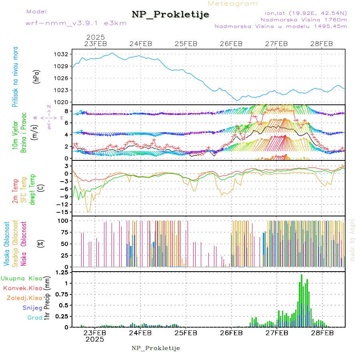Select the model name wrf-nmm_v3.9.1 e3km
76,23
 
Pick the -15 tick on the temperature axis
63,212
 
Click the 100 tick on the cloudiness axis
64,220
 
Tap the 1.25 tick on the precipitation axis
62,273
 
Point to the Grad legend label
34,318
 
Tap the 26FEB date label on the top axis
231,44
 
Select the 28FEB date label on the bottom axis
322,333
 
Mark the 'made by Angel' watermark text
352,240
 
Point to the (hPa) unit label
37,77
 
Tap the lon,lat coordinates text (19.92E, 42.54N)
303,13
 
